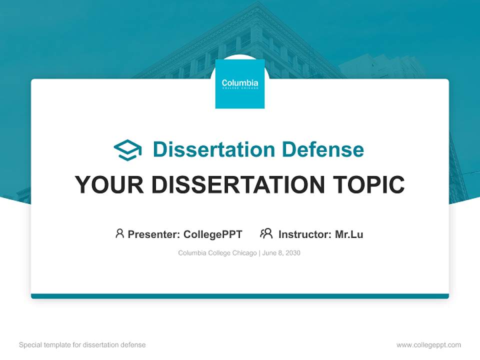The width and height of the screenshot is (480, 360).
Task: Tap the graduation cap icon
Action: [127, 150]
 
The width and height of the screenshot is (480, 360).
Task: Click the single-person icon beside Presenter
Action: [119, 233]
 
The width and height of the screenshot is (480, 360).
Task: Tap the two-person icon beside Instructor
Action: [266, 233]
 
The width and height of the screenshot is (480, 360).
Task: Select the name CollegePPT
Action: [212, 234]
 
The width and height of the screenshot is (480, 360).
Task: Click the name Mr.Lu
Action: [349, 234]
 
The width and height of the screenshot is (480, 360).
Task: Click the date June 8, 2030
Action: [281, 253]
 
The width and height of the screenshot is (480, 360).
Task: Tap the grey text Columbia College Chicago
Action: [217, 253]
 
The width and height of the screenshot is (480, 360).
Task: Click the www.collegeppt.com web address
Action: [428, 345]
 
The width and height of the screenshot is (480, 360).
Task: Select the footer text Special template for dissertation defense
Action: [82, 345]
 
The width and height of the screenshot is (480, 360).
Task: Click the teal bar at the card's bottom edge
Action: [240, 296]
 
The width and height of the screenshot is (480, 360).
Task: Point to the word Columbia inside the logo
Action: [240, 82]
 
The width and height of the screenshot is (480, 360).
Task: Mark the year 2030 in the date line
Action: [293, 253]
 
